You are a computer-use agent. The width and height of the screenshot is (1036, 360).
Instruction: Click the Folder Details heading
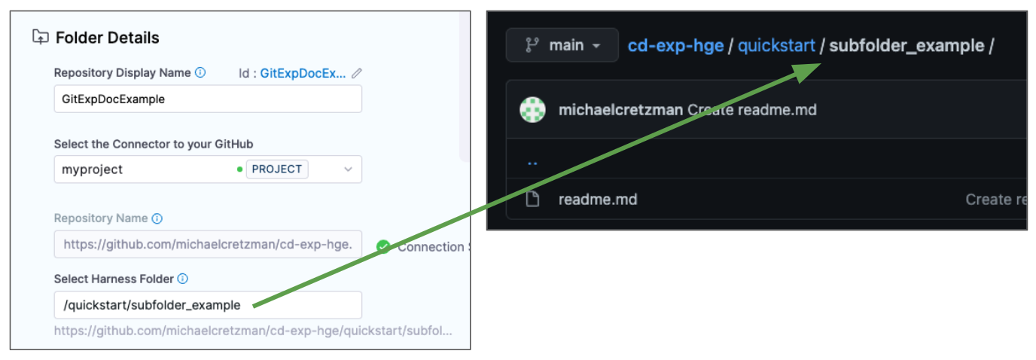108,38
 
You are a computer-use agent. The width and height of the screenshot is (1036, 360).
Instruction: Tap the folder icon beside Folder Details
40,37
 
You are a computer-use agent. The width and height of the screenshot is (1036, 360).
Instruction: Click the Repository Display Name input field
208,99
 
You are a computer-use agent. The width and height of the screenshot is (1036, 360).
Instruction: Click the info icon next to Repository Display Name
200,72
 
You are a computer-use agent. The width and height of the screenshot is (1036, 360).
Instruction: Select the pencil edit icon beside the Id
357,73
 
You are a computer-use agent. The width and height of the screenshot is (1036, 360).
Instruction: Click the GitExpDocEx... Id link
303,73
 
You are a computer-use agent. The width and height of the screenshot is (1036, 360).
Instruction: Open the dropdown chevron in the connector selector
349,169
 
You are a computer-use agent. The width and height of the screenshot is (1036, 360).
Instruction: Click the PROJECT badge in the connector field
277,169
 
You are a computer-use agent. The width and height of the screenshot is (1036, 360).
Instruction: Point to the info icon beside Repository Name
157,218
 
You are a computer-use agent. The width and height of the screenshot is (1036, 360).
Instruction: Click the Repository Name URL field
208,244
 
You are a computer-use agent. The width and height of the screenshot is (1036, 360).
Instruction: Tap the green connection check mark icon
383,246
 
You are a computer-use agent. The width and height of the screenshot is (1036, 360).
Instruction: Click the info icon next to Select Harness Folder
183,279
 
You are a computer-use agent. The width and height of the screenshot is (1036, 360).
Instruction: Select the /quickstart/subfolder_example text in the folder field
151,306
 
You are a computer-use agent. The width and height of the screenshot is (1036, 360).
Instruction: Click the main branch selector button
562,45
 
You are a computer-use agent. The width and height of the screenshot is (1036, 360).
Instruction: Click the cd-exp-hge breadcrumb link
675,46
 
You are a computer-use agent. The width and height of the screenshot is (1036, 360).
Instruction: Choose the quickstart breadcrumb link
776,46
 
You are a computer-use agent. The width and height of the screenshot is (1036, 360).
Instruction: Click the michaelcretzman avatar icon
533,110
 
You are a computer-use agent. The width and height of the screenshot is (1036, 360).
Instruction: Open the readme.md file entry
598,200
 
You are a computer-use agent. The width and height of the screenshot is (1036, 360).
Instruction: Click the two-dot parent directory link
532,163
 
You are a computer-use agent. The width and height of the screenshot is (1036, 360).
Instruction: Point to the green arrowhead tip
821,64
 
